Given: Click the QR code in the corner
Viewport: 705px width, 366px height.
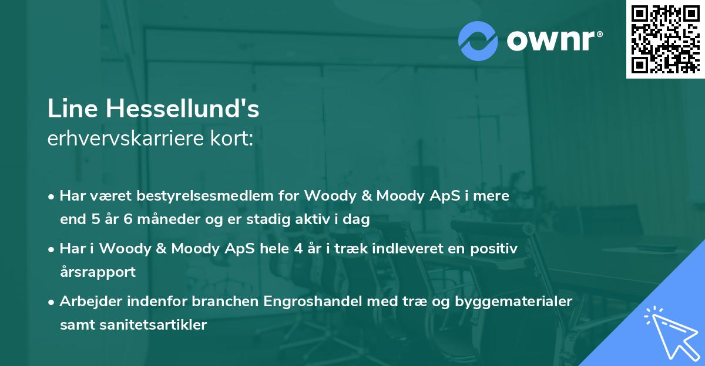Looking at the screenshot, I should [x=665, y=39].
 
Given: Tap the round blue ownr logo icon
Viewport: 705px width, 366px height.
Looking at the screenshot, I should [x=478, y=41].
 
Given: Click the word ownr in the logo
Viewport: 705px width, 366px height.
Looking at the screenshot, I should [x=555, y=41].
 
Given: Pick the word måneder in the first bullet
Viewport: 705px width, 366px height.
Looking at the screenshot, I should [x=156, y=220].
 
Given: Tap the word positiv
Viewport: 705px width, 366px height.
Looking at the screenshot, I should [x=495, y=249].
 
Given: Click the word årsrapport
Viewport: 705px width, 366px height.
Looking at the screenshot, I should [x=98, y=272].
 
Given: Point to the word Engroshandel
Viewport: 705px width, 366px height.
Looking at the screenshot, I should [x=309, y=301].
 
